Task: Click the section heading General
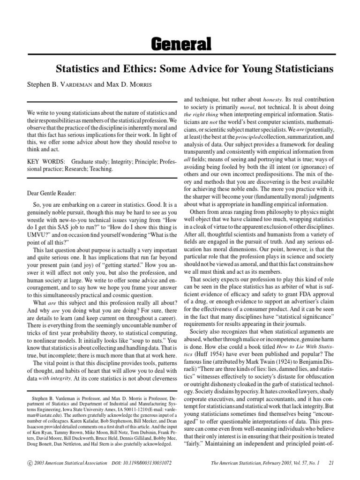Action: (180, 45)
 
